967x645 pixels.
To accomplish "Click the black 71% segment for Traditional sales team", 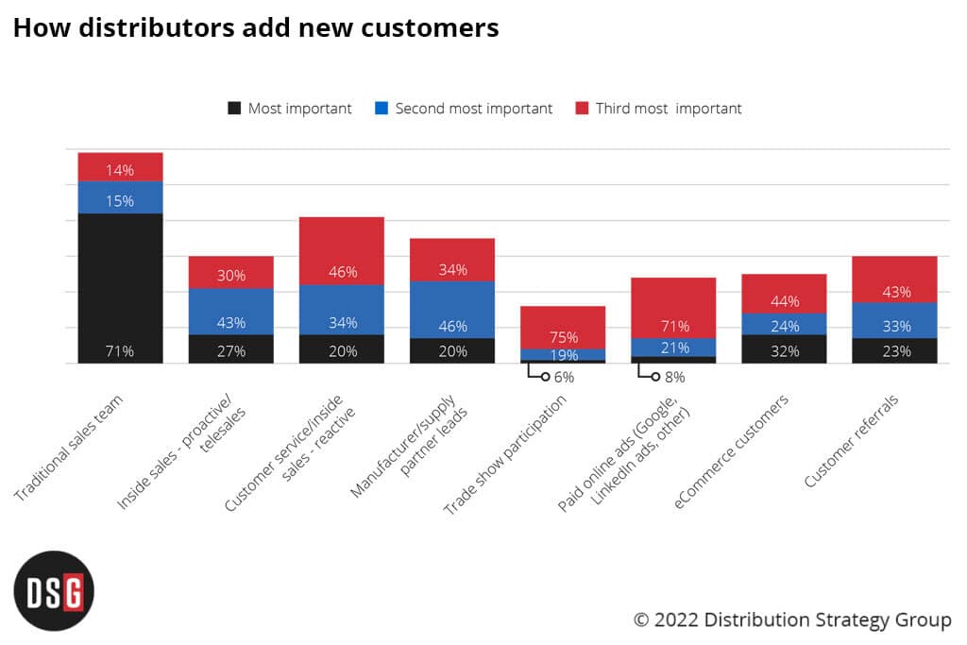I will click(120, 288).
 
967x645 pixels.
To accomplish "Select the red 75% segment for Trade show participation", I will click(563, 328).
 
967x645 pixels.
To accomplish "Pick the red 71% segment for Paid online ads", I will click(673, 308).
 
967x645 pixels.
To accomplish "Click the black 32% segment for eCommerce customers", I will click(784, 348).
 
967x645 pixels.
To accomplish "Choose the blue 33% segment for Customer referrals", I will click(894, 320).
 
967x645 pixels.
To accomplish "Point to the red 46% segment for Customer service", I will click(342, 251).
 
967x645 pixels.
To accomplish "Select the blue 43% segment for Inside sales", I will click(231, 312).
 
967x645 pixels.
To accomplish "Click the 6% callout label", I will click(563, 377).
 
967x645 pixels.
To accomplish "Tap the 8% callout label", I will click(673, 377).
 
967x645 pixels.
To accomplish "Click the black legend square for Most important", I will click(235, 109).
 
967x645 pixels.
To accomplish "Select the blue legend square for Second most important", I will click(382, 109).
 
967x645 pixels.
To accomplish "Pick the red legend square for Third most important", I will click(582, 109).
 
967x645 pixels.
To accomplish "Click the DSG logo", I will click(54, 590).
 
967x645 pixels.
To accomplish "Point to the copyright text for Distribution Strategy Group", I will click(792, 620).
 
